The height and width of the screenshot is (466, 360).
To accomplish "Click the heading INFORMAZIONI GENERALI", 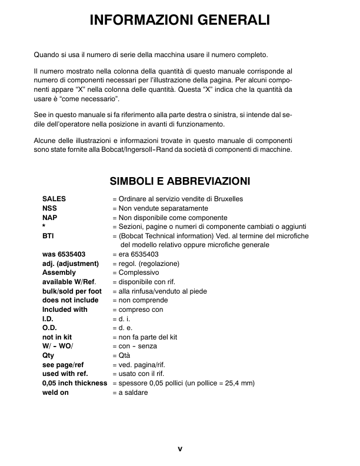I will point(179,21).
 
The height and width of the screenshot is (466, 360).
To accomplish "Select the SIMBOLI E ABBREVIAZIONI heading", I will point(180,180).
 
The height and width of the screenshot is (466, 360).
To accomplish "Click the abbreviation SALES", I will point(54,199).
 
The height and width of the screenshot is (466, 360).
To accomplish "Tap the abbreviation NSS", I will point(50,208).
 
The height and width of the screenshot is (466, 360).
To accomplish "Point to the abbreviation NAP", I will point(50,217).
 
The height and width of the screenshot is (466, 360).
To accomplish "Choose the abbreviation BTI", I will point(49,236).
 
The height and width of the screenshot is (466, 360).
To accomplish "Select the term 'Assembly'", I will point(59,272).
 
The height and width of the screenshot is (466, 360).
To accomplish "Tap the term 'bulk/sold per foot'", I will point(72,291).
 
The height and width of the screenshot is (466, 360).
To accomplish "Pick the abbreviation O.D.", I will point(49,328).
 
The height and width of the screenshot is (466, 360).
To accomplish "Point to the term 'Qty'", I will point(48,355).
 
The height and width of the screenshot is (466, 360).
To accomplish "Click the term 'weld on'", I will point(56,392).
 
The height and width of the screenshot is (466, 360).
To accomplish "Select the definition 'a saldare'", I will point(133,392).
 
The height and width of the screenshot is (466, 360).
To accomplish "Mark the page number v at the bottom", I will point(180,449).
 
